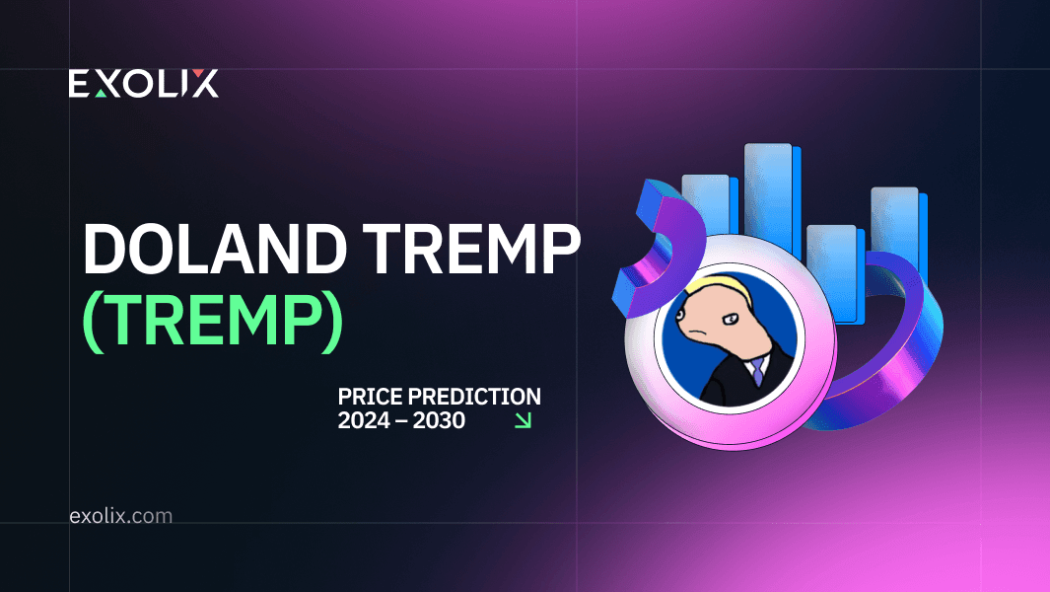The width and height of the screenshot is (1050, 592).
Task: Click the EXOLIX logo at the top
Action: [143, 83]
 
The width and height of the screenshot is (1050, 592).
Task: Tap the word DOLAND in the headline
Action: [215, 249]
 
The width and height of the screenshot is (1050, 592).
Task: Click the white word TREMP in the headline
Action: [471, 249]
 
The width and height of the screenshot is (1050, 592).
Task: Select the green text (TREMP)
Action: [213, 322]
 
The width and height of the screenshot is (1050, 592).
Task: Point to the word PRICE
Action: [371, 397]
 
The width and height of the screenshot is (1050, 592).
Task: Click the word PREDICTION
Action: [475, 397]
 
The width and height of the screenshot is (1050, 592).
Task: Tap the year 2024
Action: [364, 420]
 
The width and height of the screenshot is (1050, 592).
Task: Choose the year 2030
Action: [439, 420]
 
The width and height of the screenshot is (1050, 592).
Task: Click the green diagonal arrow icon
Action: [523, 420]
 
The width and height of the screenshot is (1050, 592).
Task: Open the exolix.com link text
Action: [120, 516]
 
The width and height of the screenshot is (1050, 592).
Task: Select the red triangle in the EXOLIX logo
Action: [198, 72]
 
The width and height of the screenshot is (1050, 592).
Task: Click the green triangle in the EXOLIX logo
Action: [102, 93]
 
